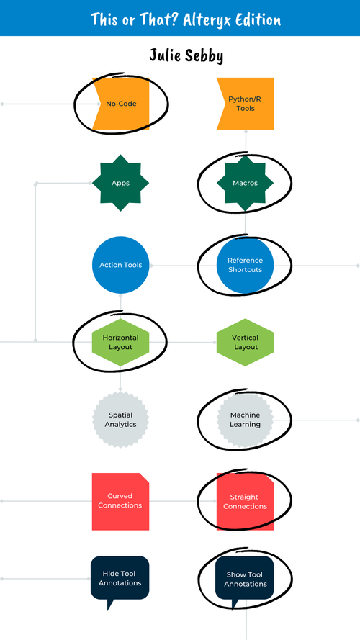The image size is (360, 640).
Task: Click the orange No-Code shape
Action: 120,104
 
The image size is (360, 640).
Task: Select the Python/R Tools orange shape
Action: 246,104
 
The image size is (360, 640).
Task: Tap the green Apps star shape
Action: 120,183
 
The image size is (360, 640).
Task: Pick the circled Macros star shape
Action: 246,183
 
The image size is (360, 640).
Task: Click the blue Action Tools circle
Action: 120,265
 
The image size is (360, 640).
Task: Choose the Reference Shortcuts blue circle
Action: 246,265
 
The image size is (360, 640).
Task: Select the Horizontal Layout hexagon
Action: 120,342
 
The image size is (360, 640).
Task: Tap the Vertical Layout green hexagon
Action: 246,342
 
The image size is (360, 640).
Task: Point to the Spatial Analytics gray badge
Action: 120,420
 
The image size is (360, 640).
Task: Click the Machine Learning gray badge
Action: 246,420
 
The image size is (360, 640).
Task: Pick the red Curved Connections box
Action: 120,501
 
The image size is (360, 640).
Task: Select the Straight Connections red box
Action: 246,501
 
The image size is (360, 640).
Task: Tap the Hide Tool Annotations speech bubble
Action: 120,578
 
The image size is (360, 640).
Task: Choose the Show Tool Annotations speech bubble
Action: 246,578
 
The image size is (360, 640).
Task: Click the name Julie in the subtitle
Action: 164,55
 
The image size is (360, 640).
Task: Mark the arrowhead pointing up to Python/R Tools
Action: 246,133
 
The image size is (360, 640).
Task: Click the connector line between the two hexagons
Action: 183,342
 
